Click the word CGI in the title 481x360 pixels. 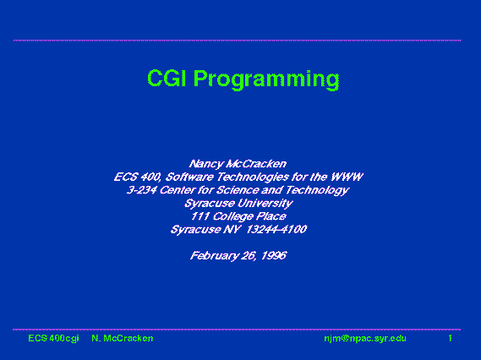167,78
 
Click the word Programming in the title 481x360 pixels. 266,79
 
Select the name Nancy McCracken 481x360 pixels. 238,164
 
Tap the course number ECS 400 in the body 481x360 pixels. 138,177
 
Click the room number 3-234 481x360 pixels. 142,190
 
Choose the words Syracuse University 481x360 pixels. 238,204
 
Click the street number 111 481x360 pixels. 200,216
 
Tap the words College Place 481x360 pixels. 249,216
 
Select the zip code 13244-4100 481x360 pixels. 276,229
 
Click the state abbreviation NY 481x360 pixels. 232,229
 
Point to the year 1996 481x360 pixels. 274,255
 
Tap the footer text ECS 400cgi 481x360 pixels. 53,338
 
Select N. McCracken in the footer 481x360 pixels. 123,338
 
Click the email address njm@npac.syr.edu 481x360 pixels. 365,339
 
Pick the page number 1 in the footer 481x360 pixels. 450,338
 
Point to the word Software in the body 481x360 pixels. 189,177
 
